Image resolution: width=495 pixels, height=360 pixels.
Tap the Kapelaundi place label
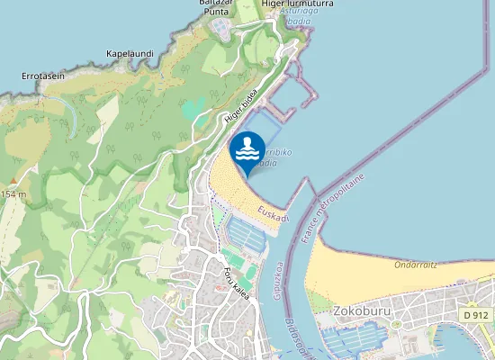click(130, 54)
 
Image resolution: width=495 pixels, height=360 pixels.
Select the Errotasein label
click(43, 76)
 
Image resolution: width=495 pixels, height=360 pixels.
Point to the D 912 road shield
click(476, 316)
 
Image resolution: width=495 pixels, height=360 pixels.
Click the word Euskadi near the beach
click(272, 215)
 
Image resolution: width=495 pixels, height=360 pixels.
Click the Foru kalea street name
click(238, 285)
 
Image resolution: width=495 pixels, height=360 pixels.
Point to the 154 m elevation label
click(13, 194)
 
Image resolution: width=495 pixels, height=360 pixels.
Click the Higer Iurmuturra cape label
click(273, 4)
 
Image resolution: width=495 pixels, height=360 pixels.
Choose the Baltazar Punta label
click(216, 6)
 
